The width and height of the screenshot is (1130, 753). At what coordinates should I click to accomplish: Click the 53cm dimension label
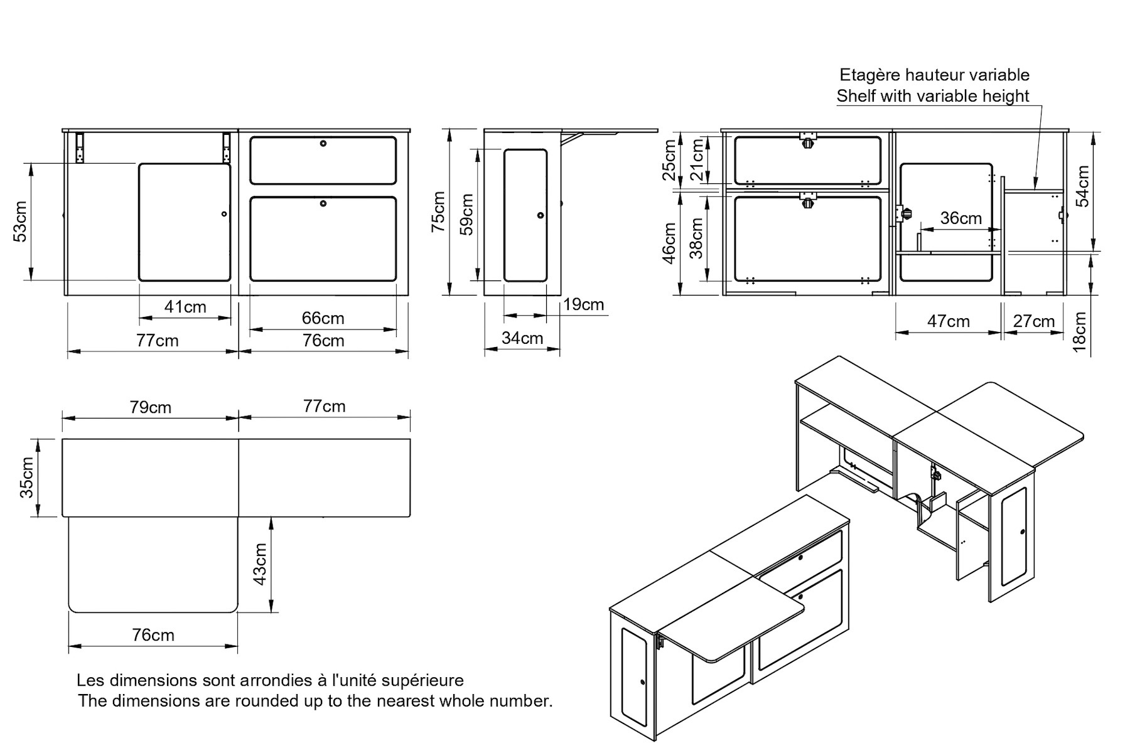(x=21, y=222)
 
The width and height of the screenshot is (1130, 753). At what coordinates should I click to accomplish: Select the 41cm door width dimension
(x=185, y=307)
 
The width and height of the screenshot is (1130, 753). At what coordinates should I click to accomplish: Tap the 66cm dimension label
(x=323, y=318)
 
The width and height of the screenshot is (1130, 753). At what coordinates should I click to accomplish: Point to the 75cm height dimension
(x=438, y=211)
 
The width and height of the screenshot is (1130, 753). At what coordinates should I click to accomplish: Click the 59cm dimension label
(x=467, y=214)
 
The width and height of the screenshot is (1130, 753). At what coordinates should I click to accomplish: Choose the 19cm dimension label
(x=583, y=305)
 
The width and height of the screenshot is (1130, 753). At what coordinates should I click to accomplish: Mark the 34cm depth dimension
(x=522, y=338)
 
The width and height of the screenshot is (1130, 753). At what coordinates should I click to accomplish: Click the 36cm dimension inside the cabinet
(x=960, y=218)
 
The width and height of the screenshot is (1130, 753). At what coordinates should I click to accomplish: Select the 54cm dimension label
(x=1083, y=186)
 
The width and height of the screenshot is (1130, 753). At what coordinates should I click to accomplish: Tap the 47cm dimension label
(x=948, y=322)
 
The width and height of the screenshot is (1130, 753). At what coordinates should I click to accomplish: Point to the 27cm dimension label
(x=1033, y=322)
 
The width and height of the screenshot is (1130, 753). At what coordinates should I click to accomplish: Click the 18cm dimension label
(x=1080, y=333)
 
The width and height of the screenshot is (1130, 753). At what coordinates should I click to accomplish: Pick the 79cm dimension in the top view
(x=151, y=407)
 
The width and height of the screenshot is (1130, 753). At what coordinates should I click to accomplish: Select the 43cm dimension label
(x=260, y=563)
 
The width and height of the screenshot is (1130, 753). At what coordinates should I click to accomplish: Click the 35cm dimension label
(x=27, y=478)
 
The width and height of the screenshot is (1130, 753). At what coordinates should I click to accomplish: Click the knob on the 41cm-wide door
(x=224, y=215)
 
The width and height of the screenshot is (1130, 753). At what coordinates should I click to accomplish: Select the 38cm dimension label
(x=696, y=238)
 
